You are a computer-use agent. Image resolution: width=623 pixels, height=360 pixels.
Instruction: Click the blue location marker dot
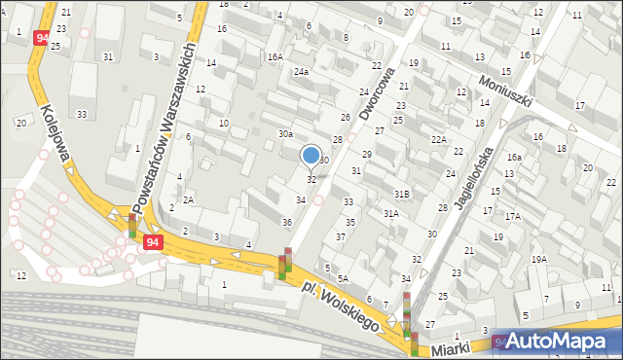pyautogui.click(x=311, y=155)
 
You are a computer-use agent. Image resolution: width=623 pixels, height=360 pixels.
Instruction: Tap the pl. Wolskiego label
pyautogui.click(x=340, y=306)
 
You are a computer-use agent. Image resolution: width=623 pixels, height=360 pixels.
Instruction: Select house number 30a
pyautogui.click(x=285, y=133)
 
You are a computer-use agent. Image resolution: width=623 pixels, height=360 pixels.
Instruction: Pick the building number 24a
pyautogui.click(x=302, y=72)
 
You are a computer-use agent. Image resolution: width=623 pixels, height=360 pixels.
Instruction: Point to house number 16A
pyautogui.click(x=275, y=57)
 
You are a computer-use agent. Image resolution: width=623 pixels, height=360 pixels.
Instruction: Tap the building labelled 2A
pyautogui.click(x=189, y=199)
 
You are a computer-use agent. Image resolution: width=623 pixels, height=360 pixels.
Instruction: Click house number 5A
pyautogui.click(x=343, y=277)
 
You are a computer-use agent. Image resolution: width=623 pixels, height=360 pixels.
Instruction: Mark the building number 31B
pyautogui.click(x=402, y=195)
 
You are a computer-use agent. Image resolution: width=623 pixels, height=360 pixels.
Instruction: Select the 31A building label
pyautogui.click(x=391, y=213)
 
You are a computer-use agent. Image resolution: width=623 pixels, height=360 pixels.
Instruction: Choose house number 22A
pyautogui.click(x=439, y=140)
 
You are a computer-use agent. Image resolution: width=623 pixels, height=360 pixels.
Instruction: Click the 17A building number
pyautogui.click(x=512, y=216)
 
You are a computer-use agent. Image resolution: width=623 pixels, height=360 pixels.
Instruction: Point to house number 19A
pyautogui.click(x=539, y=259)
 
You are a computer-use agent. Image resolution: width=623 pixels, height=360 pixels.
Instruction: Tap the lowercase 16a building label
pyautogui.click(x=514, y=157)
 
